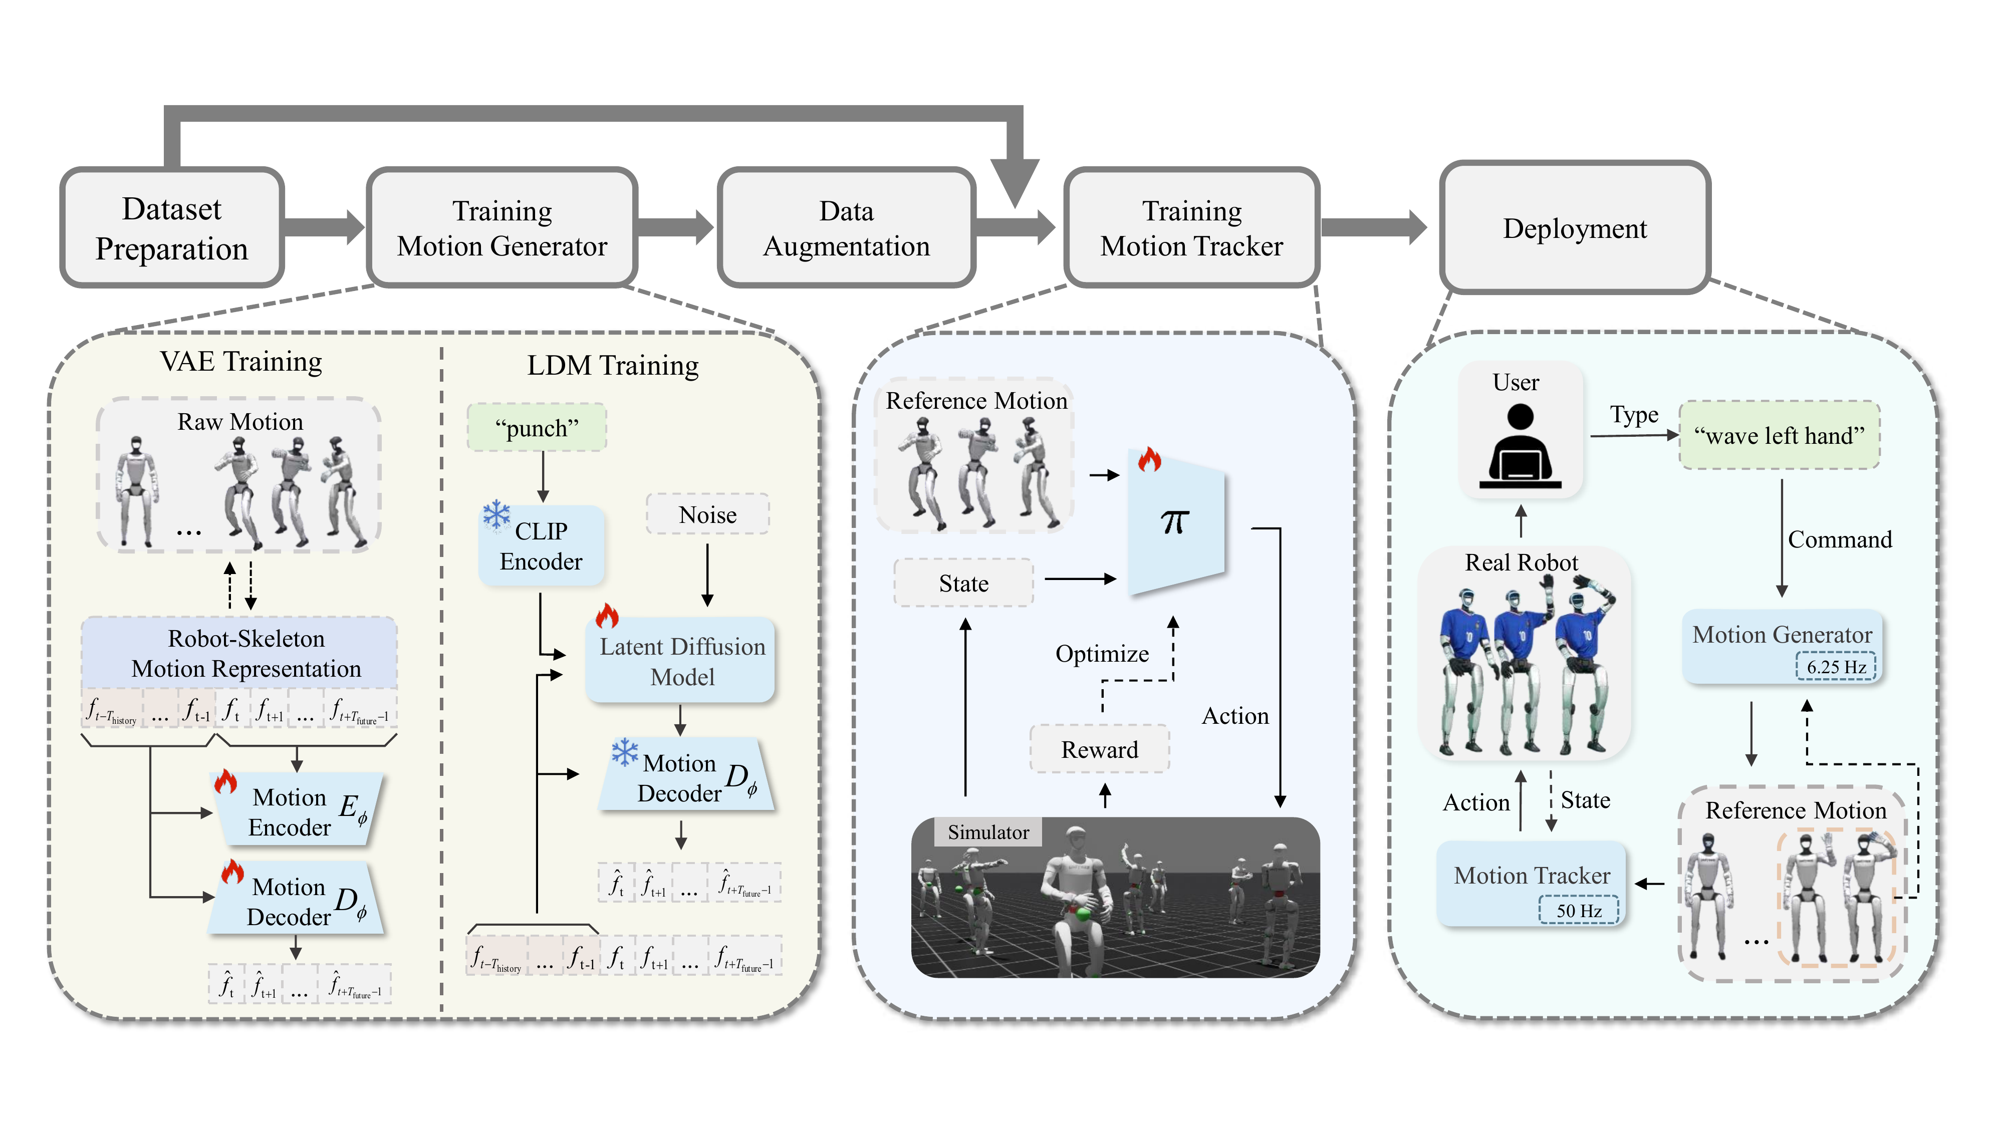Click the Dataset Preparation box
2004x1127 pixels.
(x=172, y=228)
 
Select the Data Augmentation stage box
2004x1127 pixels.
(x=846, y=228)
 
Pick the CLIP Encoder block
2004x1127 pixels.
(x=542, y=546)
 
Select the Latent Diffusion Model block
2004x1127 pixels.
(x=681, y=661)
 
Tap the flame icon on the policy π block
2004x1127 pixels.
(x=1149, y=460)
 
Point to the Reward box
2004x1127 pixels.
(x=1099, y=749)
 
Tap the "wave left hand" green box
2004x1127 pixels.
(x=1779, y=436)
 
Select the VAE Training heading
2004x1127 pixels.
(x=241, y=362)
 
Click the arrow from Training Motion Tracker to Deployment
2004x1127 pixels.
(x=1374, y=228)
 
